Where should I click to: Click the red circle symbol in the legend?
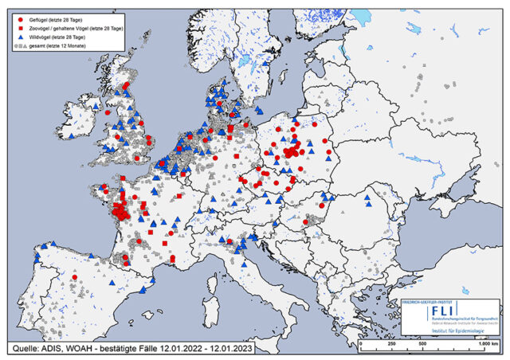[18, 18]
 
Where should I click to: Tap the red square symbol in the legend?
[18, 27]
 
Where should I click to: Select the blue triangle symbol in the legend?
[18, 37]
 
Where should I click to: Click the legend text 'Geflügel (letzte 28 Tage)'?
[57, 18]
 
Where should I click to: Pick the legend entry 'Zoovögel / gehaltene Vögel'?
[72, 27]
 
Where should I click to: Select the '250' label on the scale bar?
[391, 343]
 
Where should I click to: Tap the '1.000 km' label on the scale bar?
[481, 343]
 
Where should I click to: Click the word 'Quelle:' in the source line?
[27, 348]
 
